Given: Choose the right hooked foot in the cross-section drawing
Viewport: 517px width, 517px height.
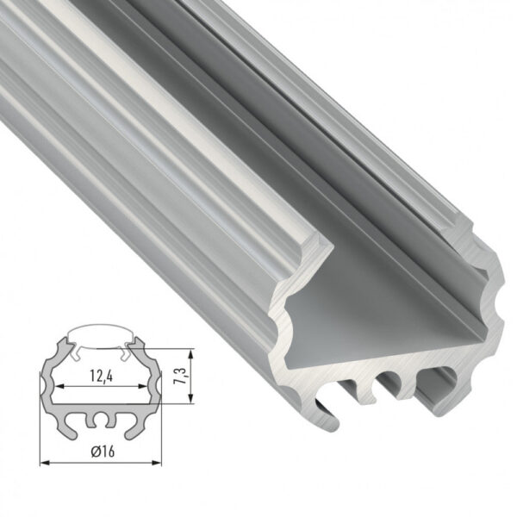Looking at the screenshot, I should [130, 427].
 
